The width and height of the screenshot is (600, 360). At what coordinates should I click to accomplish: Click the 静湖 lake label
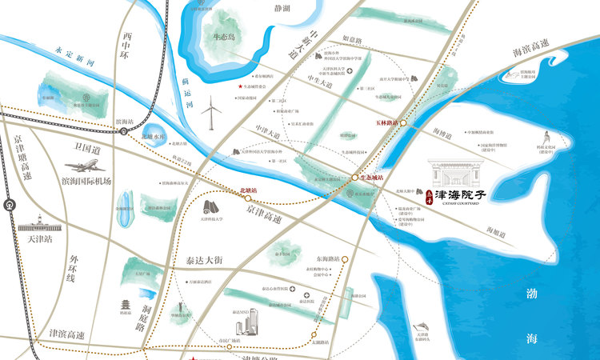click(x=282, y=9)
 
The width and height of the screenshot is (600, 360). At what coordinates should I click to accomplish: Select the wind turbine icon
click(x=211, y=114)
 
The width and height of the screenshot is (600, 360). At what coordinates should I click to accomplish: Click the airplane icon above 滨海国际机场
click(x=82, y=166)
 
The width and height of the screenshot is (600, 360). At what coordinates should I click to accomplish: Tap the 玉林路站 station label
click(x=386, y=123)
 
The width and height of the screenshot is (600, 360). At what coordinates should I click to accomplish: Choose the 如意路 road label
click(x=353, y=38)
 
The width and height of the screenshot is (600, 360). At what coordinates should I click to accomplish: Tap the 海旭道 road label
click(x=496, y=230)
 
